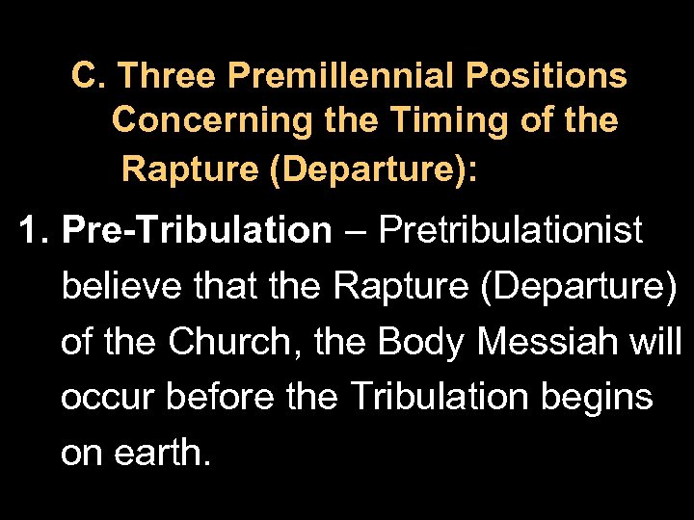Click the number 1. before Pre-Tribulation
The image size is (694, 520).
pyautogui.click(x=36, y=231)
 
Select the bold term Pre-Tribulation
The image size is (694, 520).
pyautogui.click(x=196, y=231)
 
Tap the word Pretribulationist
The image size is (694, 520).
pyautogui.click(x=511, y=231)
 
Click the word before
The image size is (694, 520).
pyautogui.click(x=219, y=397)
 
